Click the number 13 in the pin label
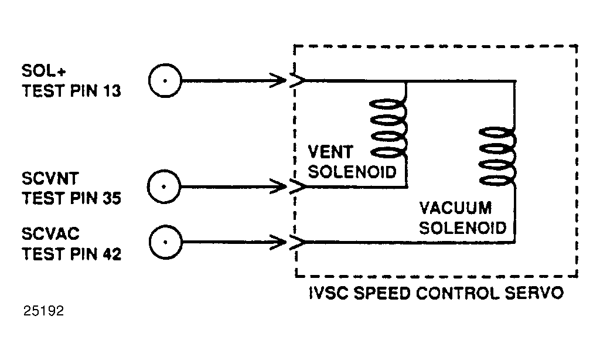(111, 91)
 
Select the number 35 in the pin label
(111, 198)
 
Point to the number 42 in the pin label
(111, 254)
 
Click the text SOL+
(43, 71)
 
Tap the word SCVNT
(50, 178)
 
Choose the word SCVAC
(50, 233)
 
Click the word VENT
(330, 152)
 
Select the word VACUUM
(455, 208)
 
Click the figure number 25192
(43, 311)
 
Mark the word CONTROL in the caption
(458, 293)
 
